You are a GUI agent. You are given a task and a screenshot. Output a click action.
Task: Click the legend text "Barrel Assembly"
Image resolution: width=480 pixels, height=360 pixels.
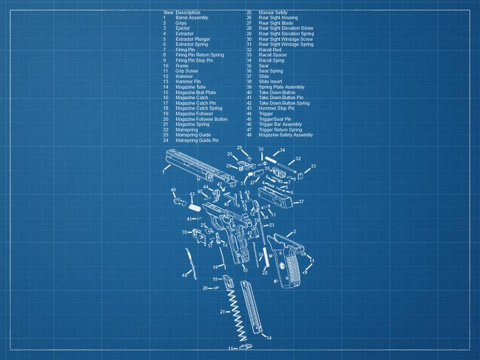(192, 18)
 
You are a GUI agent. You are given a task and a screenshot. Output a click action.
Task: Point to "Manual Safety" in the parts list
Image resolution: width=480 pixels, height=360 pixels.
(273, 12)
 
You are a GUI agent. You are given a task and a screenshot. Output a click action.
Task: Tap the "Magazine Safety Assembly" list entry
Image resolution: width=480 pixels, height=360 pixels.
(285, 135)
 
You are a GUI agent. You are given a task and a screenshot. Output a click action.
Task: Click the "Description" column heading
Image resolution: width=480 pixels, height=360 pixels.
(188, 12)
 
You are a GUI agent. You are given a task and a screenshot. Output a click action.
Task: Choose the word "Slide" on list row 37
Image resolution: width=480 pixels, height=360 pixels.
(264, 76)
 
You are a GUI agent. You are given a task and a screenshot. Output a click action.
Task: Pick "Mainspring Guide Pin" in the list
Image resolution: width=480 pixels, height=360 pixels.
(197, 140)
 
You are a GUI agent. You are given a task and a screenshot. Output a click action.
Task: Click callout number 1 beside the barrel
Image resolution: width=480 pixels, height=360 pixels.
(163, 172)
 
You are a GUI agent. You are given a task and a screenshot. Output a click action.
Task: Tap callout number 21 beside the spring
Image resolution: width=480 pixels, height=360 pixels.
(222, 312)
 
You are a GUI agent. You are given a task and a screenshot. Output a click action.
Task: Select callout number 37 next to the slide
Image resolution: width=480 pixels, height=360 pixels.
(301, 202)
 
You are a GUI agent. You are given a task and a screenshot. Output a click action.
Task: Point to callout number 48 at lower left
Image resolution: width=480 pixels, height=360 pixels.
(184, 276)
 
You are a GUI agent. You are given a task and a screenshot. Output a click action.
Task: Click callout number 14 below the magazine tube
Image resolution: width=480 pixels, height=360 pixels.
(269, 338)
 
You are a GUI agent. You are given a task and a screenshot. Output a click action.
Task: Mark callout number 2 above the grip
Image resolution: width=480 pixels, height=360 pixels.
(294, 232)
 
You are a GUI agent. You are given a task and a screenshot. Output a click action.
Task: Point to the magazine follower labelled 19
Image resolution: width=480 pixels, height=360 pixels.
(228, 280)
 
